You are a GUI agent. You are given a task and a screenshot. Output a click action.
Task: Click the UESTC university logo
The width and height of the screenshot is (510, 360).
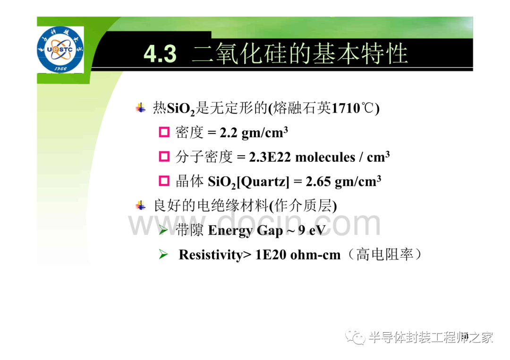[x=60, y=50]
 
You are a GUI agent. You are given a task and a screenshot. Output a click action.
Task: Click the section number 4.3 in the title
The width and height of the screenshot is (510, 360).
[x=160, y=54]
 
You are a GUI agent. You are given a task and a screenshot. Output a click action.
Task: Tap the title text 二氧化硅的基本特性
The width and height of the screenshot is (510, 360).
[x=299, y=54]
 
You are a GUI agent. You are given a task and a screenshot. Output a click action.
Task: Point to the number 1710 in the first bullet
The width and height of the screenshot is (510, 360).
[x=345, y=108]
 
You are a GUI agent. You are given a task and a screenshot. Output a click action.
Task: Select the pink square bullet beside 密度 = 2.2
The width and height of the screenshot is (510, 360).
[x=164, y=132]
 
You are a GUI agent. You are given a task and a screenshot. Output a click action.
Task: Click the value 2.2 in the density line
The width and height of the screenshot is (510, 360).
[x=229, y=133]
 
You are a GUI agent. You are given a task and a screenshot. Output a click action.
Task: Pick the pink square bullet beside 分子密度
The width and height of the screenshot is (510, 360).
[x=164, y=157]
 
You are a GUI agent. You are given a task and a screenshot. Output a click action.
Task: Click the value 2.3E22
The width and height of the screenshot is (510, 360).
[x=270, y=157]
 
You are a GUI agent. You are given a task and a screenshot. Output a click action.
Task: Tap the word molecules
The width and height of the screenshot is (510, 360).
[x=325, y=157]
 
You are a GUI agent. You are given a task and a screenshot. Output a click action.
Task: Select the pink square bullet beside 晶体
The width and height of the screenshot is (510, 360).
[x=164, y=181]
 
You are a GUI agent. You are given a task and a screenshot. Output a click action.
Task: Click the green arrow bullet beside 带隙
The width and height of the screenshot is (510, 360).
[x=163, y=230]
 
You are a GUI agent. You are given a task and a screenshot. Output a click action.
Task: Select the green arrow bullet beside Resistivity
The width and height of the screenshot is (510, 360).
[x=163, y=254]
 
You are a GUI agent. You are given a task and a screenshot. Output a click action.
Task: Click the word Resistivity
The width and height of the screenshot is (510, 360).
[x=211, y=255]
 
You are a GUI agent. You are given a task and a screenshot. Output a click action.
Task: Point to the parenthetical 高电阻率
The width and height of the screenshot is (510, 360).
[x=385, y=254]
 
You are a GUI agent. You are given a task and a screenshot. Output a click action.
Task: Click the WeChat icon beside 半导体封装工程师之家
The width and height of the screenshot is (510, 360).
[x=355, y=337]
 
